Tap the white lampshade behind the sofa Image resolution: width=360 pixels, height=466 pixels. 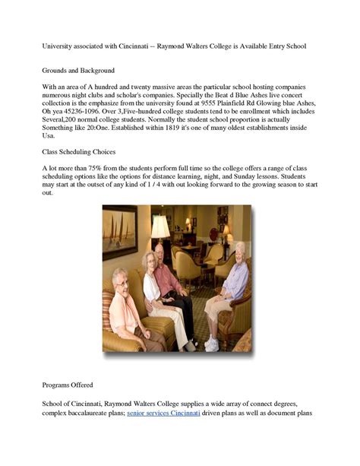pyautogui.click(x=160, y=227)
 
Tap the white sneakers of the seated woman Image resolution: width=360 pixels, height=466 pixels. pyautogui.click(x=212, y=344)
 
